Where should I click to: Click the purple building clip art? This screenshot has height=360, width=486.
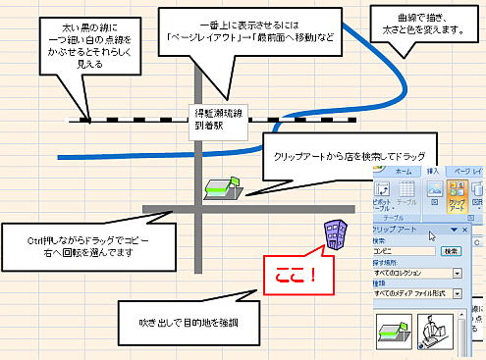tap(336, 235)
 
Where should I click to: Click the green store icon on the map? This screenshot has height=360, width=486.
tap(220, 187)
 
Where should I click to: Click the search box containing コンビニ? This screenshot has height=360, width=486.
tap(405, 250)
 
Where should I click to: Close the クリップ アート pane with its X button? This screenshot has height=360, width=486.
tap(464, 229)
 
